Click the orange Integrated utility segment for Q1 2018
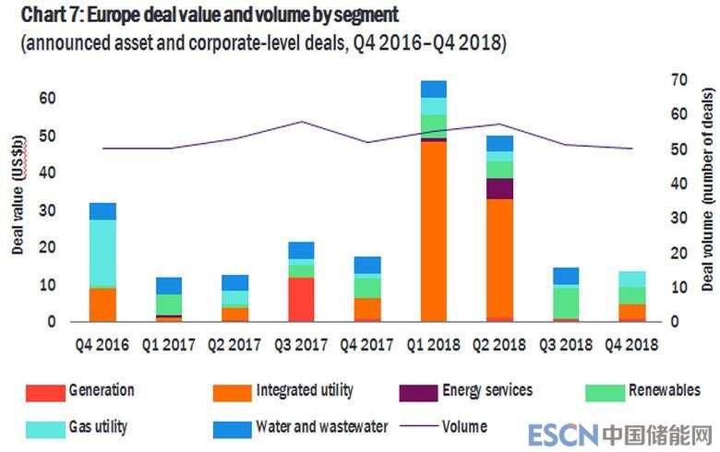tap(433, 231)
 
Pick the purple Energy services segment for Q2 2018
tap(499, 188)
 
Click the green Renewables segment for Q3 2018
tap(566, 303)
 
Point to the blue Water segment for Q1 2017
tap(169, 286)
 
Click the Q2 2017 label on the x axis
tap(234, 344)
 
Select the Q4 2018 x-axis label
tap(631, 344)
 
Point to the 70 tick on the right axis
tap(681, 79)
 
